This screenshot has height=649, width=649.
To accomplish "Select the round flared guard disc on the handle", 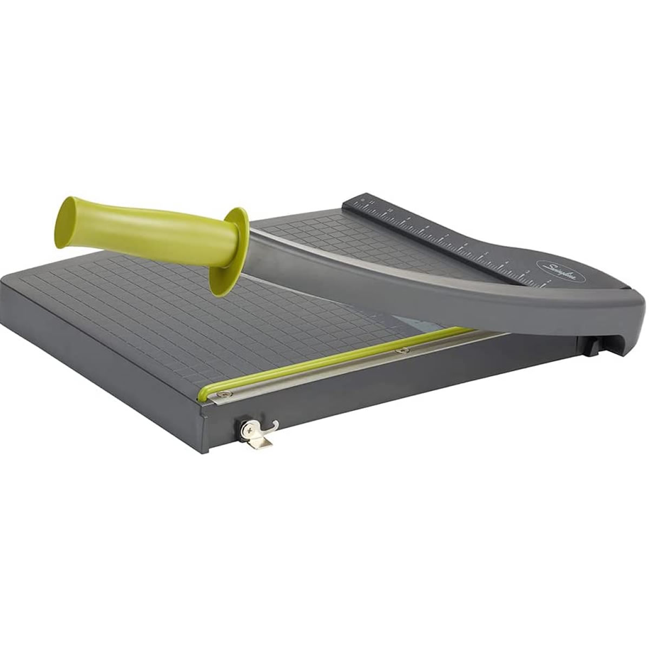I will tap(230, 251).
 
